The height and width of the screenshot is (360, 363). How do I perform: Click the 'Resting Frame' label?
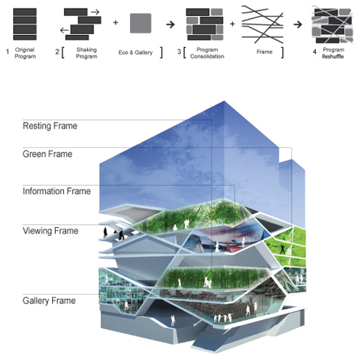pos(50,126)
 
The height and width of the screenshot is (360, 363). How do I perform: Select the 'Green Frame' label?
pos(47,154)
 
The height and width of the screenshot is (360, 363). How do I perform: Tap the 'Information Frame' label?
pos(57,191)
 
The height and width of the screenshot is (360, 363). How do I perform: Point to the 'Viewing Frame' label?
pos(50,231)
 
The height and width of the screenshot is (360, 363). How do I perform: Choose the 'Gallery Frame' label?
pos(49,300)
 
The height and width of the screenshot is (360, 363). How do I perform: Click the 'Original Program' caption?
pos(25,53)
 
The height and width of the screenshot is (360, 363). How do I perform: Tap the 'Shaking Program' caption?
pos(86,53)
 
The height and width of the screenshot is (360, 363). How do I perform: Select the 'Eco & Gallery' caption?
pos(136,52)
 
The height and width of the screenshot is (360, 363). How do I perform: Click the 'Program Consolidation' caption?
pos(207,53)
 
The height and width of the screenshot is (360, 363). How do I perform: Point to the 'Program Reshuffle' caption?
pos(333,53)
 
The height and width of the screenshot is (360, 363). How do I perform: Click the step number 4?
pos(314,52)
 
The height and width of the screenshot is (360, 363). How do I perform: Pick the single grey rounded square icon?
pos(141,23)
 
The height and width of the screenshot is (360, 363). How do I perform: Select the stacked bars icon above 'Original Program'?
pos(25,24)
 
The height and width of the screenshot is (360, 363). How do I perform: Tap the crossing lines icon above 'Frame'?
pos(262,25)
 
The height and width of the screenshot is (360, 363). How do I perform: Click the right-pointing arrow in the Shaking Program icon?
pos(95,12)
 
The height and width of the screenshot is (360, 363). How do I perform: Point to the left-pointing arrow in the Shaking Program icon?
pos(65,30)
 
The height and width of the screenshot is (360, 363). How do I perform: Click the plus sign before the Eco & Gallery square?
pos(115,22)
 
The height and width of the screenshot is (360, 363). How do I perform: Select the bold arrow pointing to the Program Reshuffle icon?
pos(298,25)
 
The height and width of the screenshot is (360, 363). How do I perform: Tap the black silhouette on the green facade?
pos(282,249)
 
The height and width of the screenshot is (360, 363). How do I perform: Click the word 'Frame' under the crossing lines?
pos(264,52)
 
